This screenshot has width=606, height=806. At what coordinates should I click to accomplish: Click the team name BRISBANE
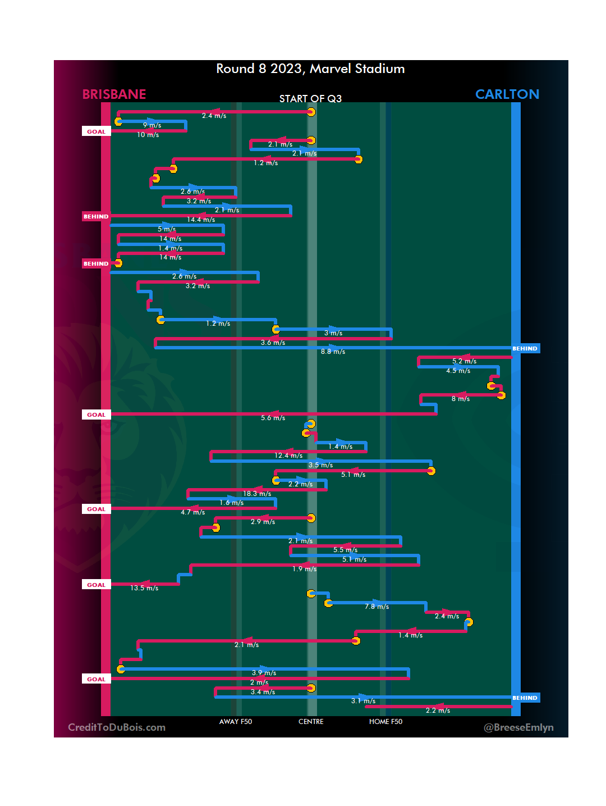pyautogui.click(x=114, y=94)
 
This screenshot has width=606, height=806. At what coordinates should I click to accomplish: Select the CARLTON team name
pyautogui.click(x=507, y=94)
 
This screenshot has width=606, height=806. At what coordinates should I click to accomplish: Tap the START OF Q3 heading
pyautogui.click(x=310, y=99)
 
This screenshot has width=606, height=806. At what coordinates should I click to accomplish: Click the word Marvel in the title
pyautogui.click(x=330, y=69)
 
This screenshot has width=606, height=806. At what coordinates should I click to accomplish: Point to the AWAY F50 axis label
pyautogui.click(x=236, y=722)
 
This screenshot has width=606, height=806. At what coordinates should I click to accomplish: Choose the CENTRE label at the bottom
pyautogui.click(x=311, y=722)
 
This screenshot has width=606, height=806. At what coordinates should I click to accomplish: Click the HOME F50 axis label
pyautogui.click(x=385, y=722)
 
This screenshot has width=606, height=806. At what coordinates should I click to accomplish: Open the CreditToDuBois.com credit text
pyautogui.click(x=117, y=727)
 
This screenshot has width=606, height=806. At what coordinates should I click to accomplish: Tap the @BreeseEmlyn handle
pyautogui.click(x=518, y=727)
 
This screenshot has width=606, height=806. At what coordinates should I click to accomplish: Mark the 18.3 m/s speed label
pyautogui.click(x=257, y=494)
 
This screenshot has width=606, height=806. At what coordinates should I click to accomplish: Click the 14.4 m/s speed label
pyautogui.click(x=201, y=220)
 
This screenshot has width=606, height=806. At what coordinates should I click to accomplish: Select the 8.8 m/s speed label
pyautogui.click(x=333, y=352)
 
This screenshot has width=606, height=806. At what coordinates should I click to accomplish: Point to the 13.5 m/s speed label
pyautogui.click(x=144, y=588)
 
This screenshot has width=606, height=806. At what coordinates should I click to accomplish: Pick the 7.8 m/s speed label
pyautogui.click(x=377, y=607)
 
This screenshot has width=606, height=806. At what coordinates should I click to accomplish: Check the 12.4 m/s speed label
pyautogui.click(x=288, y=456)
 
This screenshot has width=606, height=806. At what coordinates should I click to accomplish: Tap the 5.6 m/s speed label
pyautogui.click(x=273, y=418)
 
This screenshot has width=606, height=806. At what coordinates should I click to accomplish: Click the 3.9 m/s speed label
pyautogui.click(x=264, y=673)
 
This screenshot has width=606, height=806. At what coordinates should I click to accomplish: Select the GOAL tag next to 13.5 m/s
pyautogui.click(x=96, y=585)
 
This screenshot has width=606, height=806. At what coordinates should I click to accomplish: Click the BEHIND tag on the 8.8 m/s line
pyautogui.click(x=525, y=349)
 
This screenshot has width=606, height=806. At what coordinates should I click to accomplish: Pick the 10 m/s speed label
pyautogui.click(x=148, y=135)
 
